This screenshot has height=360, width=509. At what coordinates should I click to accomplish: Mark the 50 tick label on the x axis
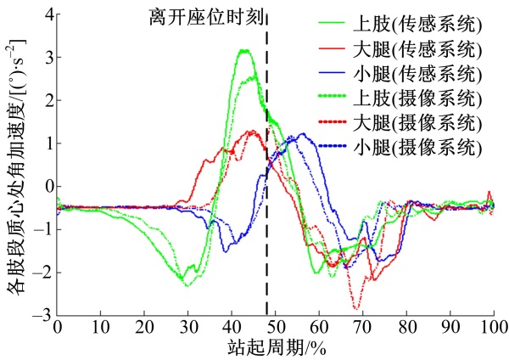(x=275, y=327)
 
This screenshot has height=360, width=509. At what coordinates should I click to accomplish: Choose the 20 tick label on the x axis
(x=144, y=327)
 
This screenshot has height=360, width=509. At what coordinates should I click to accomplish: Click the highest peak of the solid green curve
(x=245, y=50)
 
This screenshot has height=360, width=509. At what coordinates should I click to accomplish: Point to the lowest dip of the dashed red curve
(x=357, y=309)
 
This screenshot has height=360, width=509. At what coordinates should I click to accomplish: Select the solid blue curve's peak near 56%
(x=301, y=133)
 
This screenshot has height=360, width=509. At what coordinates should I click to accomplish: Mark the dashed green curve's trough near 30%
(x=187, y=285)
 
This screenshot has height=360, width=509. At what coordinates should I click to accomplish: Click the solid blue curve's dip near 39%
(x=226, y=251)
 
